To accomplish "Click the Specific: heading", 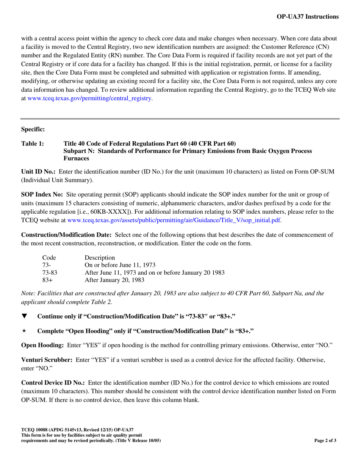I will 33,130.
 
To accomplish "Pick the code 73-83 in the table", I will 50,273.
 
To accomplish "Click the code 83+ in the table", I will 47,280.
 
